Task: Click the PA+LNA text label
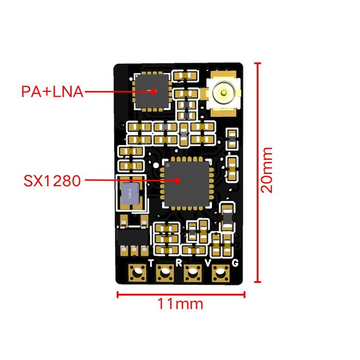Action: (52, 92)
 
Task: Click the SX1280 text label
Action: (52, 181)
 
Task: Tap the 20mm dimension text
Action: (267, 170)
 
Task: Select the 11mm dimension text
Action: (181, 304)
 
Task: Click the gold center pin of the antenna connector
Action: (224, 93)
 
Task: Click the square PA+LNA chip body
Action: (152, 91)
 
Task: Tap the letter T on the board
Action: (151, 263)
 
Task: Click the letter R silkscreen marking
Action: (178, 263)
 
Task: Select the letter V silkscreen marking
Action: (208, 263)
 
